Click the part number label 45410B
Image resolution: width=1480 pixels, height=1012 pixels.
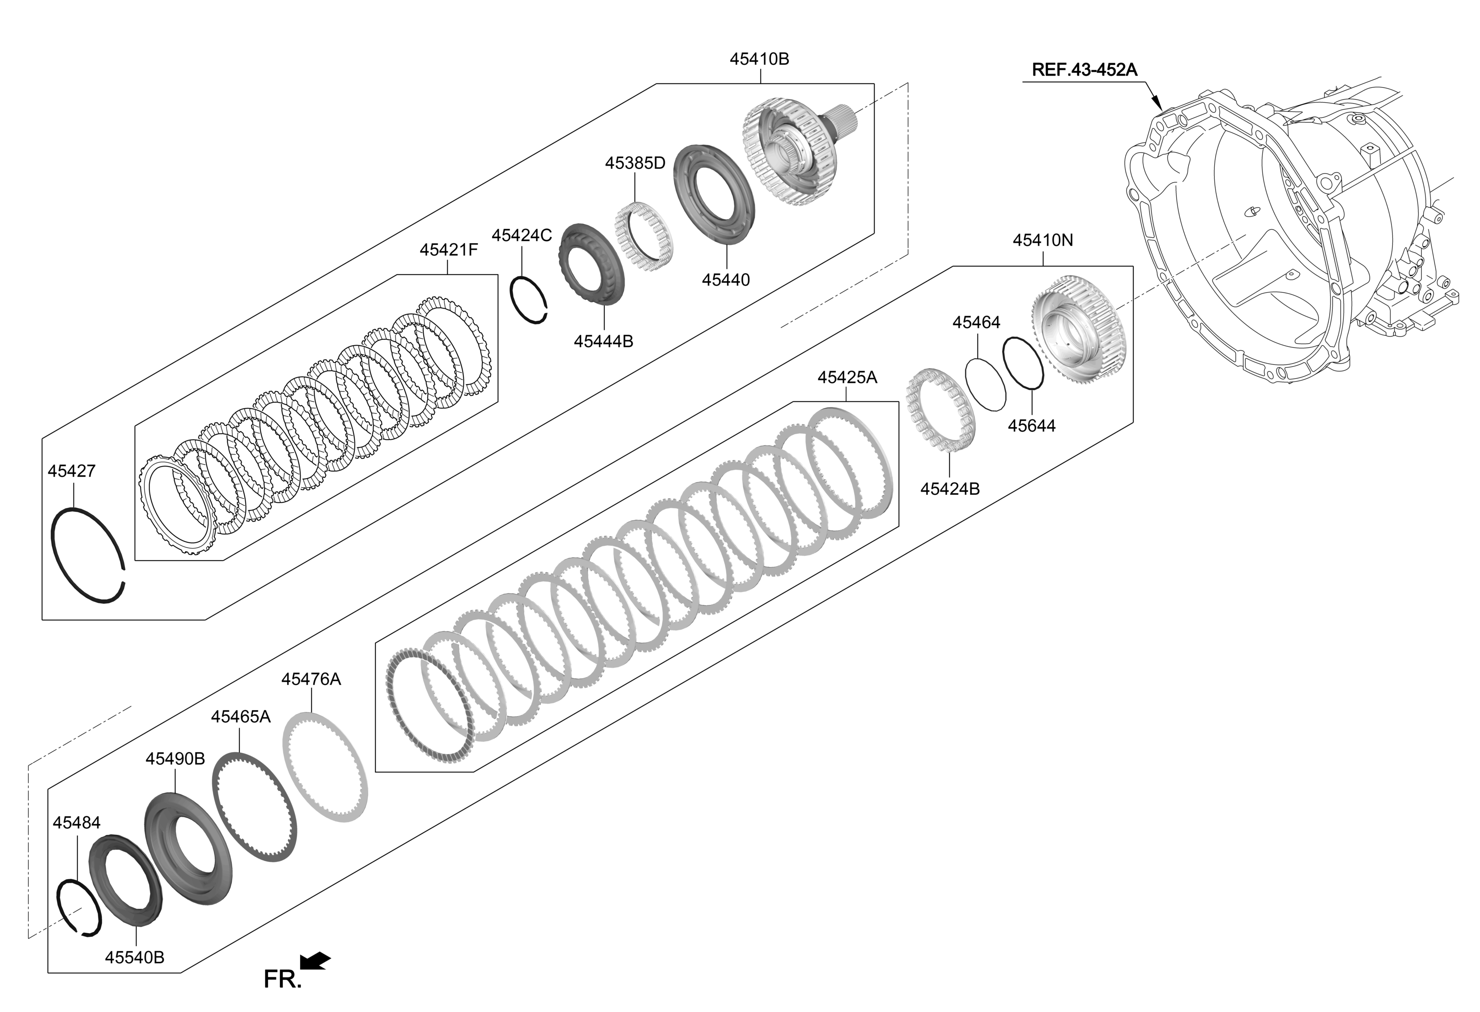click(759, 59)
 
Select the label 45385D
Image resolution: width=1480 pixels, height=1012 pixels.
click(635, 163)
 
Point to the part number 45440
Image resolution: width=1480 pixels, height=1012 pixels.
click(726, 280)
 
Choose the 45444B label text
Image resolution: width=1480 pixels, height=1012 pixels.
click(604, 342)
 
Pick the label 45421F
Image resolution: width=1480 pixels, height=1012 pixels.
click(448, 250)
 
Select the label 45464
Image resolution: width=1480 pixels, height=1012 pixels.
click(976, 322)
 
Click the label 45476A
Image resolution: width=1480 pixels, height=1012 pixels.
click(311, 679)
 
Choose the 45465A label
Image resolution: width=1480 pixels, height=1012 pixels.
click(241, 717)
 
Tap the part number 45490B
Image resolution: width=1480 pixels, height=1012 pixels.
click(175, 759)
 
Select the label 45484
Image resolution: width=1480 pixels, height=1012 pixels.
click(77, 823)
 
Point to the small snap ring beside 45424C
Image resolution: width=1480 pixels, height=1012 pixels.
click(529, 300)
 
